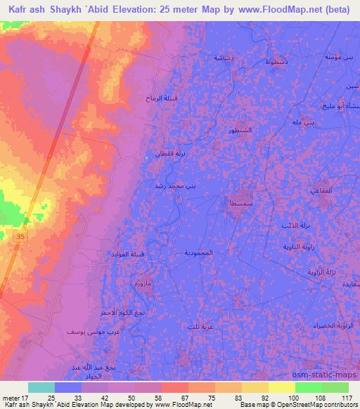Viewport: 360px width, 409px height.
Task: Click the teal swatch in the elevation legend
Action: tap(41, 388)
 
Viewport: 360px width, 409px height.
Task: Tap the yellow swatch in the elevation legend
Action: tap(282, 388)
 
